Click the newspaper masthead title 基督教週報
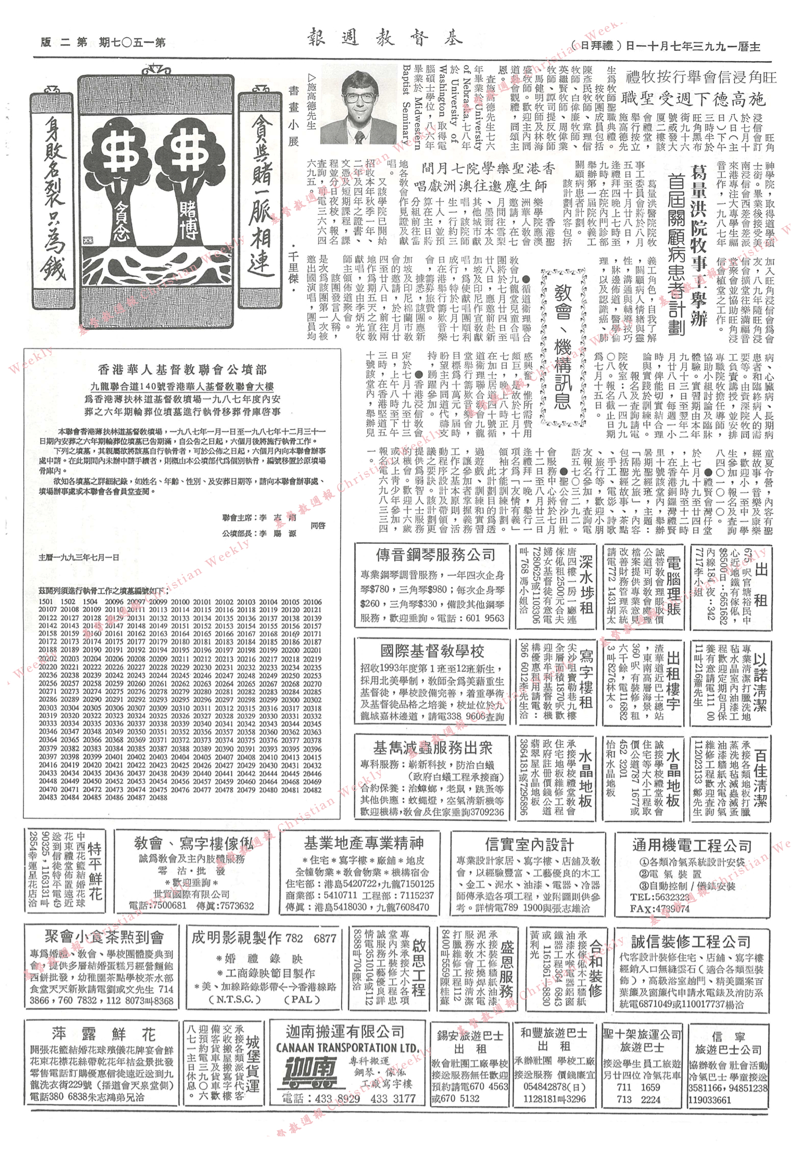(x=385, y=37)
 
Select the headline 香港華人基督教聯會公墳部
(x=182, y=369)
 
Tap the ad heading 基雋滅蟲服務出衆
(x=432, y=748)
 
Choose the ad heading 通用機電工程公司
(x=691, y=845)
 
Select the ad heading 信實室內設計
(x=529, y=844)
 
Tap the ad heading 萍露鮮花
(x=104, y=1034)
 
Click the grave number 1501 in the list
(x=46, y=602)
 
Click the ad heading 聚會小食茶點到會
(x=104, y=936)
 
